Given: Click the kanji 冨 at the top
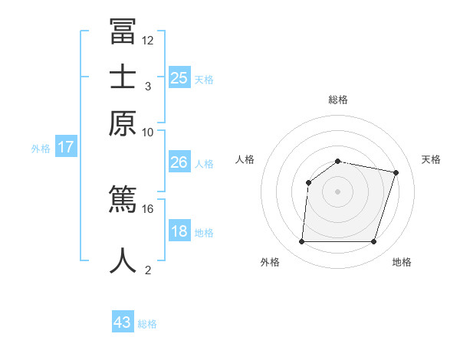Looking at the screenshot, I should (x=123, y=31).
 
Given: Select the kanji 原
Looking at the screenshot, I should (x=123, y=123).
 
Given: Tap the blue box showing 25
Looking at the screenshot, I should (x=179, y=77).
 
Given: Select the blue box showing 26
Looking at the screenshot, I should (x=179, y=162).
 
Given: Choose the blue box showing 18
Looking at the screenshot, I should (x=179, y=231).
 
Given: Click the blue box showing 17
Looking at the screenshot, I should (x=65, y=147).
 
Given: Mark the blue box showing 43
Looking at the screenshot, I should (x=123, y=322).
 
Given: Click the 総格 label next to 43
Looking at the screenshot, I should (x=147, y=324).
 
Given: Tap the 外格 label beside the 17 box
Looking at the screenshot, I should (x=41, y=149).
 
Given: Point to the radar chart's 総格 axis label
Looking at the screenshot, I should (x=338, y=100).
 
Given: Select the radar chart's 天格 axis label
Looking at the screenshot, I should (x=431, y=159).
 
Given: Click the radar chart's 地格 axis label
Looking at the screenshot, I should (x=402, y=262).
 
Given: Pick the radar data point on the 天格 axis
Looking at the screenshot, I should (x=396, y=172).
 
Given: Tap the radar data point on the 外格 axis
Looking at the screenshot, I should (x=301, y=242).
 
